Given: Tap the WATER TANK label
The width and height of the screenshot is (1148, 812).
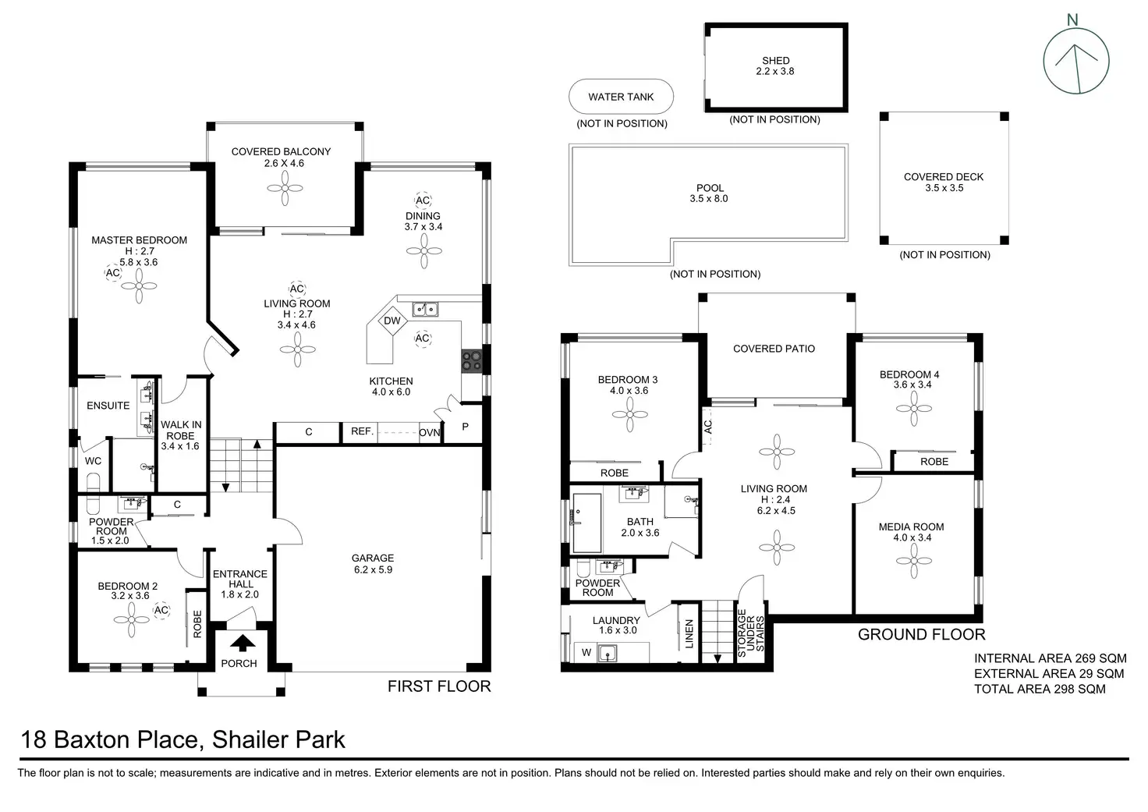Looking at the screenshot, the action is click(x=621, y=97).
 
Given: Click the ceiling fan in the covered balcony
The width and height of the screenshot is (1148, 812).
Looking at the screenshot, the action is click(x=285, y=188).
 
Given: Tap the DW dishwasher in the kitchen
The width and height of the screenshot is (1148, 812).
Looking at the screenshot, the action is click(x=392, y=321).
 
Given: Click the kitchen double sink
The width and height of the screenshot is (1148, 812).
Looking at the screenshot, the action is click(x=425, y=309).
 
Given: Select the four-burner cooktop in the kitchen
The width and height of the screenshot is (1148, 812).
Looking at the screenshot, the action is click(x=472, y=360).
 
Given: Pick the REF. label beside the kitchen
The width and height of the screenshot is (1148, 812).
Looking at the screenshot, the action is click(x=362, y=431).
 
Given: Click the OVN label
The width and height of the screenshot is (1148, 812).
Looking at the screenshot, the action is click(x=430, y=433).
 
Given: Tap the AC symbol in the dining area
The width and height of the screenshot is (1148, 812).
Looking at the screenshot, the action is click(x=423, y=200).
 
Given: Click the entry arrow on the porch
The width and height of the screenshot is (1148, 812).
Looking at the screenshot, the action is click(x=243, y=644).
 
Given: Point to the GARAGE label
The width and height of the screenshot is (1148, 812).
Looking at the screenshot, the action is click(x=373, y=558).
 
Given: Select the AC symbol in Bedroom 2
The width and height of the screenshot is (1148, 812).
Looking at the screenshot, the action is click(x=161, y=610).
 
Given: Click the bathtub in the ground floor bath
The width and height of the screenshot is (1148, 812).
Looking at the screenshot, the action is click(x=586, y=523).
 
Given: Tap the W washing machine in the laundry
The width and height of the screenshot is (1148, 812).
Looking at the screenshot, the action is click(x=586, y=653).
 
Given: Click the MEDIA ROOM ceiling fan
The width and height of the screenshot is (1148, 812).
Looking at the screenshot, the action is click(x=914, y=561).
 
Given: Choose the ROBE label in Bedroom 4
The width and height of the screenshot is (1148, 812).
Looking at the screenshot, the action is click(x=934, y=462).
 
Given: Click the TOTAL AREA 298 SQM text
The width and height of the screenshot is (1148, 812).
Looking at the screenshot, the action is click(x=1040, y=689).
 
